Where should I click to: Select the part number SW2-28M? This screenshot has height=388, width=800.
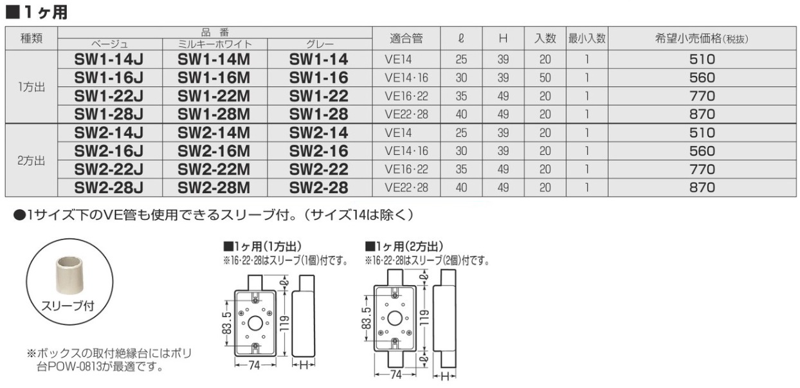click(x=214, y=188)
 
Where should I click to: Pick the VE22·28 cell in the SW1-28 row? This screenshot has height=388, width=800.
click(x=406, y=115)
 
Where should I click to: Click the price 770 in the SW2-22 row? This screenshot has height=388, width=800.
click(x=702, y=170)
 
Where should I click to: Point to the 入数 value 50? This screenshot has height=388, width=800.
click(x=545, y=79)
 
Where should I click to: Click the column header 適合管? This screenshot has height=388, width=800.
click(x=406, y=38)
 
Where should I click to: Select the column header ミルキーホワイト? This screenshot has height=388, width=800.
click(x=214, y=44)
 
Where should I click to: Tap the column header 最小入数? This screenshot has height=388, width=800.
click(x=586, y=38)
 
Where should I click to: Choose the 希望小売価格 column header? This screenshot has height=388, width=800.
click(x=700, y=39)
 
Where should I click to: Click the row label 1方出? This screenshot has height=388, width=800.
click(x=32, y=88)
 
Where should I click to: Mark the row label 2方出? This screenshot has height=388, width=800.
click(x=32, y=161)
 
